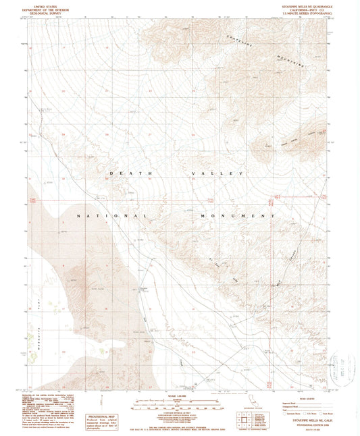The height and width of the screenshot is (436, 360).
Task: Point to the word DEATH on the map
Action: (x=121, y=173)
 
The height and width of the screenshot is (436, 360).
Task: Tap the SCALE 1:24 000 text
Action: (x=179, y=396)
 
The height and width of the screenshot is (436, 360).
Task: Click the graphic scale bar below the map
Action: (x=179, y=404)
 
